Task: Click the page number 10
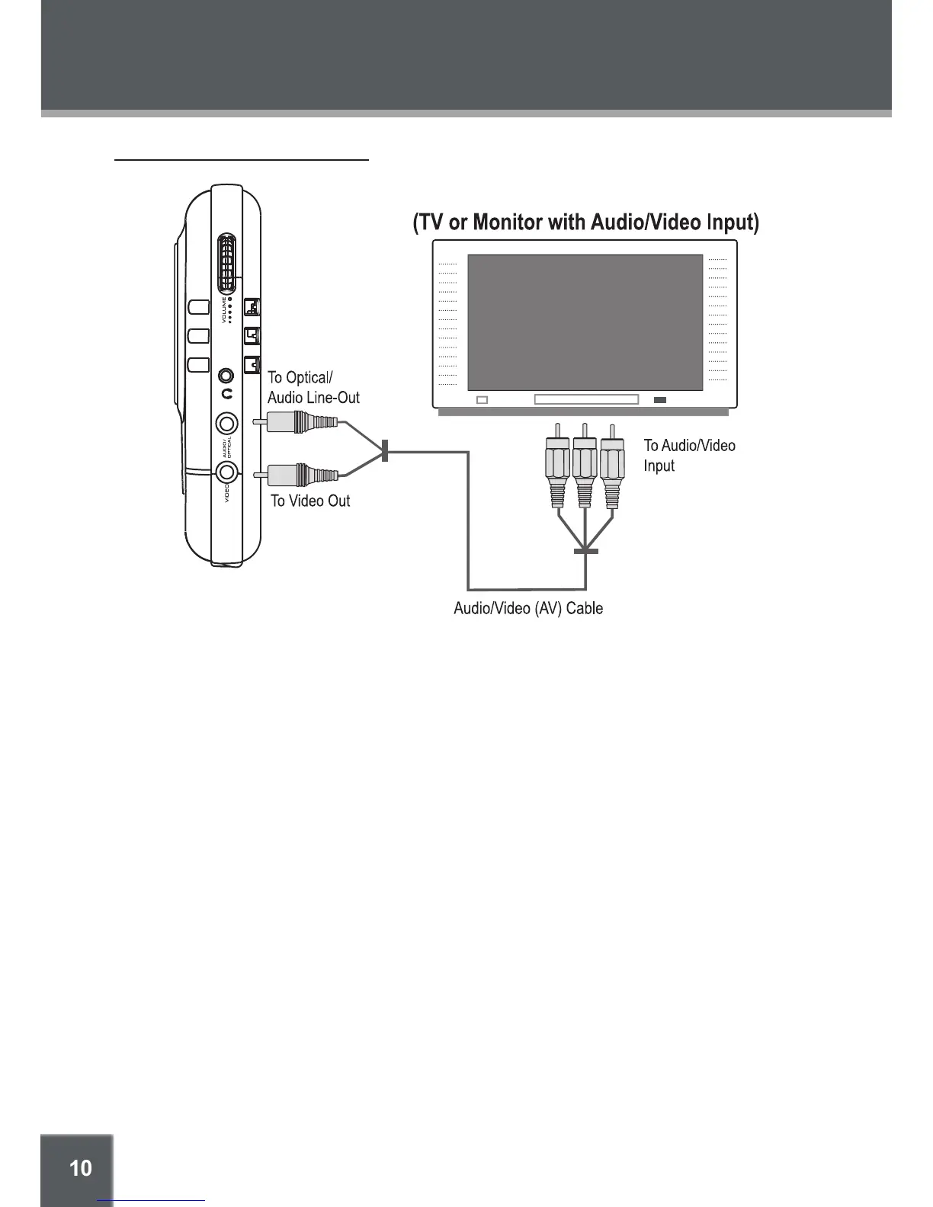pyautogui.click(x=80, y=1168)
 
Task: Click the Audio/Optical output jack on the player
pyautogui.click(x=226, y=423)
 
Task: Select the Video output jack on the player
pyautogui.click(x=226, y=472)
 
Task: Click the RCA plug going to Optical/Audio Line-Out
pyautogui.click(x=302, y=421)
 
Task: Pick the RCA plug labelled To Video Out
pyautogui.click(x=302, y=475)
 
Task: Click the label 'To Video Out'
pyautogui.click(x=310, y=501)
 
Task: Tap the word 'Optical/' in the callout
pyautogui.click(x=309, y=378)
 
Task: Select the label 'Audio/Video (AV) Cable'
pyautogui.click(x=528, y=608)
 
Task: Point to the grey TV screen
pyautogui.click(x=585, y=322)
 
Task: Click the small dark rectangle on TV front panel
pyautogui.click(x=660, y=400)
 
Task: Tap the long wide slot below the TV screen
pyautogui.click(x=586, y=399)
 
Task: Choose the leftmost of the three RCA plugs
pyautogui.click(x=558, y=466)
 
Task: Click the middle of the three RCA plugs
pyautogui.click(x=585, y=466)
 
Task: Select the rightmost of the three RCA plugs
pyautogui.click(x=612, y=466)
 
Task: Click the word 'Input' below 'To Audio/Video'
pyautogui.click(x=659, y=466)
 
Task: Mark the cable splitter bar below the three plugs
pyautogui.click(x=585, y=550)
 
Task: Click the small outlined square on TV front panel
pyautogui.click(x=482, y=400)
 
